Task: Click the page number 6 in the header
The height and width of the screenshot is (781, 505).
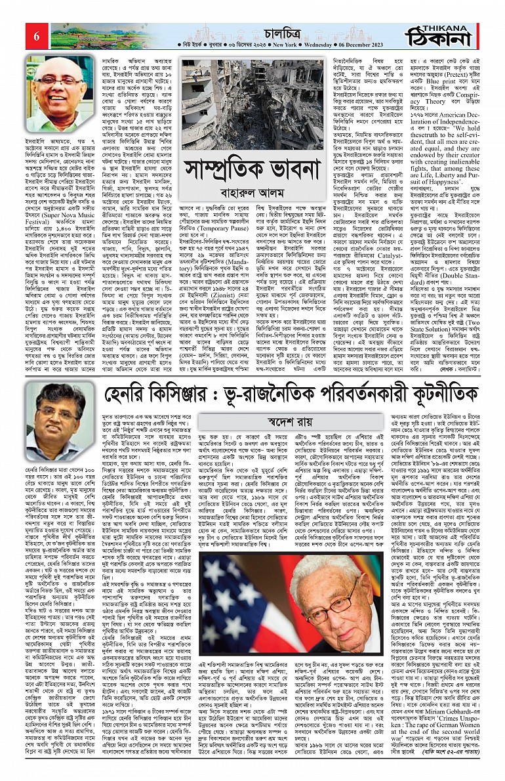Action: tap(36, 37)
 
